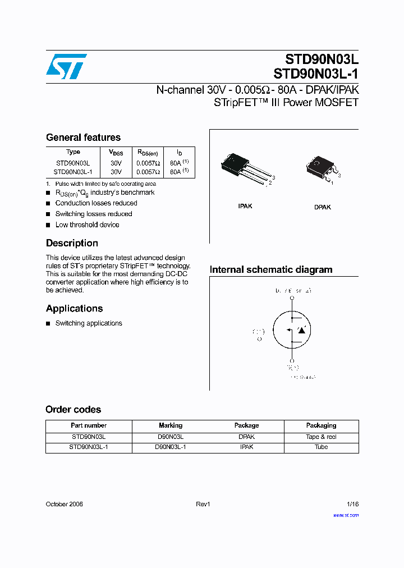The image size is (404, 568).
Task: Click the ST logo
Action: click(x=66, y=66)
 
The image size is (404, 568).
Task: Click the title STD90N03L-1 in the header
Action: click(x=316, y=74)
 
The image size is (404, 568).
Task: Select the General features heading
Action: click(x=83, y=138)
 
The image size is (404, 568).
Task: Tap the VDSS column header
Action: click(x=116, y=153)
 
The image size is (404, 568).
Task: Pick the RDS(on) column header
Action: click(x=148, y=153)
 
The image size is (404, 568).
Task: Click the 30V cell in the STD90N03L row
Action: click(x=116, y=163)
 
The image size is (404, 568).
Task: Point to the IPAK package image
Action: click(x=245, y=168)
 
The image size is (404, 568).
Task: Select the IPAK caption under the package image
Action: click(x=245, y=206)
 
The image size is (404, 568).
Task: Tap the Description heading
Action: click(x=72, y=243)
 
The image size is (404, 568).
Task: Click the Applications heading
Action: click(x=74, y=308)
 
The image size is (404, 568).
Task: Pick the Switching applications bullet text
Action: click(x=89, y=323)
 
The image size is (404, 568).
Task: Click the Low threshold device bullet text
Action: click(x=87, y=225)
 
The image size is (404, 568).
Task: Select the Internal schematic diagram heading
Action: click(x=271, y=269)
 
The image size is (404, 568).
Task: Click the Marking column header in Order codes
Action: click(x=171, y=425)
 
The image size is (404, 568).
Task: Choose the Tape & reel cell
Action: click(x=321, y=437)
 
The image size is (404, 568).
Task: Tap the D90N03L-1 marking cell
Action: click(x=171, y=447)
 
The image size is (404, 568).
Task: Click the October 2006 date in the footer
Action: click(x=64, y=504)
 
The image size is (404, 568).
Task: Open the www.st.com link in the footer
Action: click(x=346, y=515)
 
